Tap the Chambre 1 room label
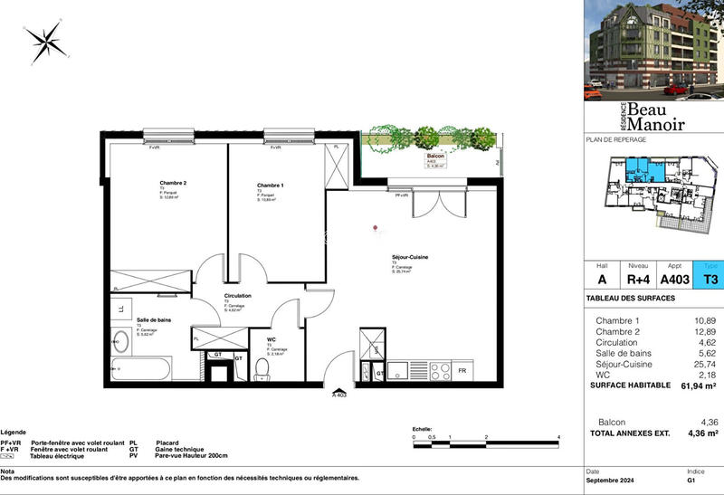271,186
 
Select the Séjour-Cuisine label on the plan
410,258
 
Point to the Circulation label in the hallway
238,296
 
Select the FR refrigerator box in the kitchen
462,371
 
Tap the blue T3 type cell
710,280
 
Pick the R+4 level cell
639,280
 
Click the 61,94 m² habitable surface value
699,386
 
